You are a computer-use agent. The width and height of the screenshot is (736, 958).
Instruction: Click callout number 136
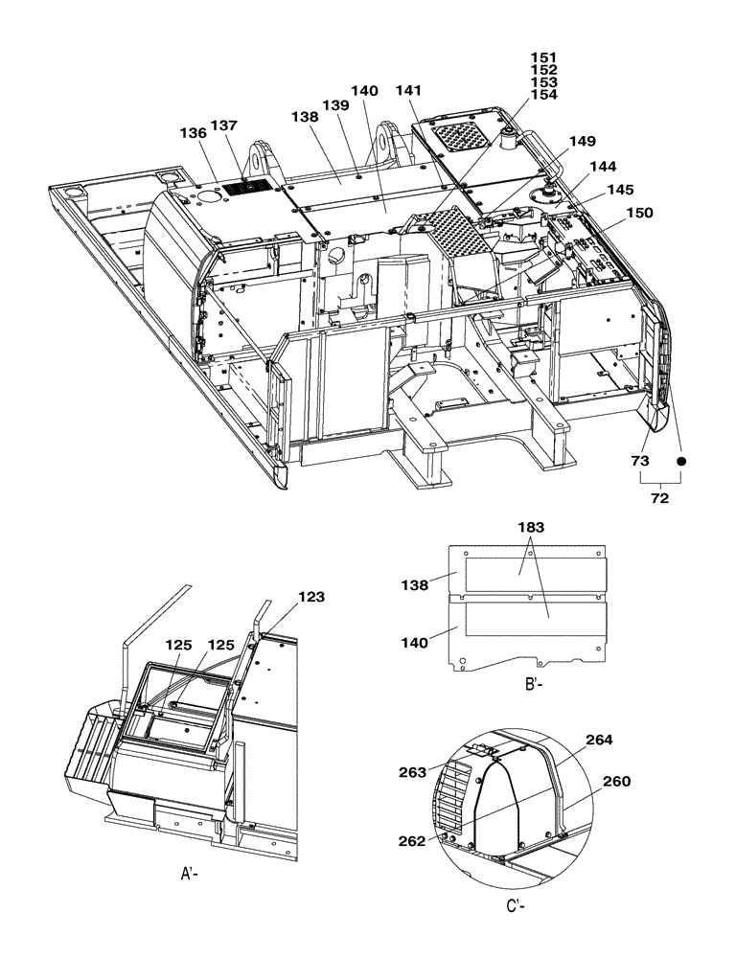click(x=193, y=133)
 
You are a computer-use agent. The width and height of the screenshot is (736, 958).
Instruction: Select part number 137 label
click(x=225, y=125)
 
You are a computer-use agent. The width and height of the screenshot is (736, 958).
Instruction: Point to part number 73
click(x=639, y=461)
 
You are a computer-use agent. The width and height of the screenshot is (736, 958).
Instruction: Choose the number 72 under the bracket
click(x=661, y=499)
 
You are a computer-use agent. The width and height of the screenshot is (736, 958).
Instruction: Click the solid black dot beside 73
click(x=682, y=461)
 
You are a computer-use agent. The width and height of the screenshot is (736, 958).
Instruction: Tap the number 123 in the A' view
click(x=311, y=596)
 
